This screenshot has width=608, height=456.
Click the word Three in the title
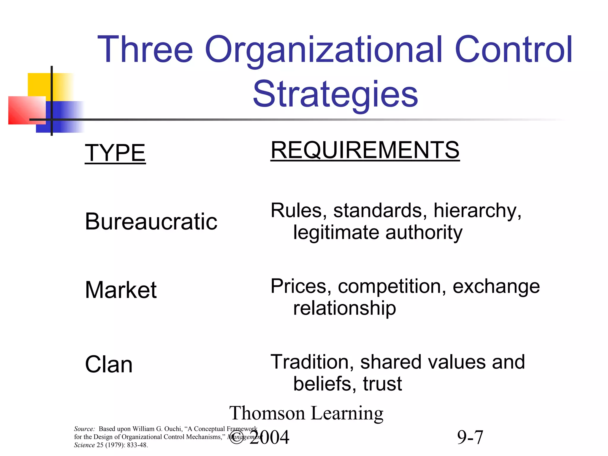point(145,50)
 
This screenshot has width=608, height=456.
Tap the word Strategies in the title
point(335,94)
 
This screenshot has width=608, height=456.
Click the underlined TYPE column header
point(115,153)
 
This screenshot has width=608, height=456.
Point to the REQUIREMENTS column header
point(365,151)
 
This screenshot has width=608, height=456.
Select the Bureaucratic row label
point(151,222)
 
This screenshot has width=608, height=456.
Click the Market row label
point(121,290)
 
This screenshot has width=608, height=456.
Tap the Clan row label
point(109,365)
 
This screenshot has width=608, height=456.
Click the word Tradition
point(312,362)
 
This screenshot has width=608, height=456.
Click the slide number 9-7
point(470,437)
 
